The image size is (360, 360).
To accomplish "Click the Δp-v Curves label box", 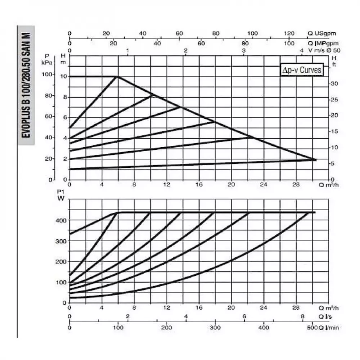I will point(301,70).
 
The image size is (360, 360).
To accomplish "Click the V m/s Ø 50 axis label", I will point(324,50).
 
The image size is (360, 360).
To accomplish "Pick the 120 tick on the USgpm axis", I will point(290,33).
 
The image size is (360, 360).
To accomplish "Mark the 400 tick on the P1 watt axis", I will point(62,220).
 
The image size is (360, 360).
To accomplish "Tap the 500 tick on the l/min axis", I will point(312,328).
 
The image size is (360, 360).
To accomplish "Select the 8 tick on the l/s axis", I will point(303,316).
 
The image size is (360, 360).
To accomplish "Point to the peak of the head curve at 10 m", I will point(117,76).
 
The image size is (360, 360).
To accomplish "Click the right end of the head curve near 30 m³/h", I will point(315,159).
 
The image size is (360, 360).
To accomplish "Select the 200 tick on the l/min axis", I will point(166,328).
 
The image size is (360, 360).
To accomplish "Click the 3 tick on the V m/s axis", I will point(244,50).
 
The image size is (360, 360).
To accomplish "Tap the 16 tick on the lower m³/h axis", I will point(199,308).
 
